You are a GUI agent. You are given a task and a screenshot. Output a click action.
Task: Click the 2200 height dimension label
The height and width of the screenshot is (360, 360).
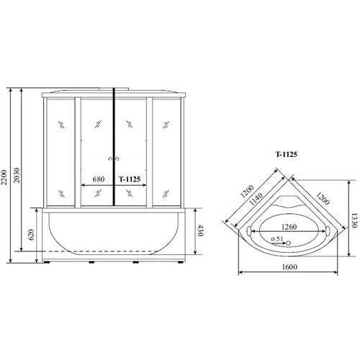pyautogui.click(x=4, y=177)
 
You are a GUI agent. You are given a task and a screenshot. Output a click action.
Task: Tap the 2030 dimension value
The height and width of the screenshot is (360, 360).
pyautogui.click(x=17, y=175)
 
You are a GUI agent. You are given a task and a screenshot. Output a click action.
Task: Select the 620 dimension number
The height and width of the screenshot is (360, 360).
pyautogui.click(x=31, y=235)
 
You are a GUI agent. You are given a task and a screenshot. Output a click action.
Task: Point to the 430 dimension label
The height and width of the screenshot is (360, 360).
pyautogui.click(x=200, y=230)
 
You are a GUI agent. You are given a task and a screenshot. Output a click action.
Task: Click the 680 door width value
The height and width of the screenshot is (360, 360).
pyautogui.click(x=99, y=179)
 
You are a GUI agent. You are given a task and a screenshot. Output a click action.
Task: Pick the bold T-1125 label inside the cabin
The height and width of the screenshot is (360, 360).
pyautogui.click(x=130, y=179)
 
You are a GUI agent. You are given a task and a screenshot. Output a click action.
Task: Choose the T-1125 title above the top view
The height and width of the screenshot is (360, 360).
pyautogui.click(x=286, y=154)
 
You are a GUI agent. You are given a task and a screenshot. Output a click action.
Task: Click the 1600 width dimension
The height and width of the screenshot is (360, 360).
pyautogui.click(x=289, y=267)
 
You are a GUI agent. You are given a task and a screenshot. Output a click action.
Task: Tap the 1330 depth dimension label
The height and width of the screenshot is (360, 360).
pyautogui.click(x=354, y=220)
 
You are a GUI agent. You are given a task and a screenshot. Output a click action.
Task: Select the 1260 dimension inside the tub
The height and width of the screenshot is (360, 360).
pyautogui.click(x=289, y=227)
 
